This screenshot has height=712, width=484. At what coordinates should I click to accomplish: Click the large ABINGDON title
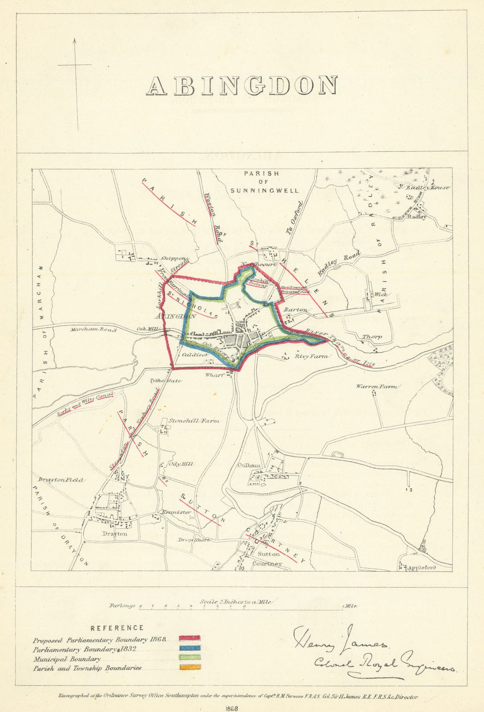(242, 86)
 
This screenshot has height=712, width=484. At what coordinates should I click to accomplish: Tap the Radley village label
(416, 217)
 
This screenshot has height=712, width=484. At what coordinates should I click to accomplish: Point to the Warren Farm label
(377, 387)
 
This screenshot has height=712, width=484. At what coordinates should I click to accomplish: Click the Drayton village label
(115, 534)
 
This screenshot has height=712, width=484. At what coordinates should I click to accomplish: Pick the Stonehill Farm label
(194, 421)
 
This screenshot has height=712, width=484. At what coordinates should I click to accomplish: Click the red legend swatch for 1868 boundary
(190, 639)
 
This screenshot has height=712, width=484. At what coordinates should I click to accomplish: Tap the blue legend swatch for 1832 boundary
(190, 648)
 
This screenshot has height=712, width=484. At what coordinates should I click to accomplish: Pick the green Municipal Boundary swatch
(190, 657)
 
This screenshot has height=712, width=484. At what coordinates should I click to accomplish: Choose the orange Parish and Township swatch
(190, 667)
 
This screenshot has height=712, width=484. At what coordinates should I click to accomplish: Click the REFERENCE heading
(117, 628)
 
